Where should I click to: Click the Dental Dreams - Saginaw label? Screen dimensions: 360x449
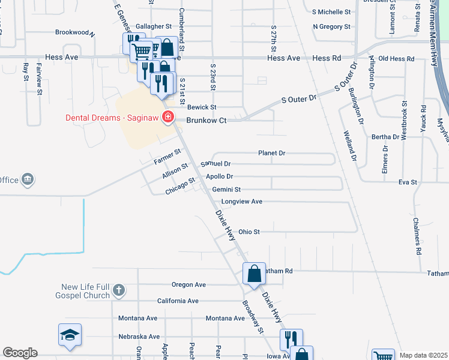(112, 117)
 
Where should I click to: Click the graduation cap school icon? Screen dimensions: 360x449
(70, 334)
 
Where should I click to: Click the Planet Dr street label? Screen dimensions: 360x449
(271, 153)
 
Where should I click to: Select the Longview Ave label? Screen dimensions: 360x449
(241, 202)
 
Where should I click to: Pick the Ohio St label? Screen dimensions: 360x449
(249, 231)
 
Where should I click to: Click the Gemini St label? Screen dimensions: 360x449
(226, 189)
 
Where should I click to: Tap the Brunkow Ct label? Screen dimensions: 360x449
(206, 121)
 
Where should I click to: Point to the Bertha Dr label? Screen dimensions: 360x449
(385, 137)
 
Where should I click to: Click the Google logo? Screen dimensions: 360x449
(20, 353)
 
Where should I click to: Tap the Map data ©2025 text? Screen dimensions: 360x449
(423, 355)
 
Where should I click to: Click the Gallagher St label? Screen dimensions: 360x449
(153, 27)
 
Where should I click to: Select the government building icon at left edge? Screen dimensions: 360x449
(27, 179)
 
